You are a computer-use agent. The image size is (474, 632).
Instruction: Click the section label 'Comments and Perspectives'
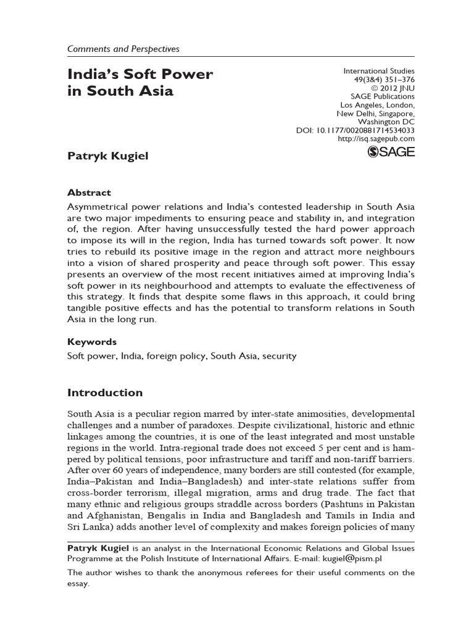tap(123, 48)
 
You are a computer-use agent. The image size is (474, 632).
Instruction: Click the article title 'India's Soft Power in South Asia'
tap(140, 83)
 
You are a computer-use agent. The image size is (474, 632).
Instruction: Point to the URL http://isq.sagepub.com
tap(376, 139)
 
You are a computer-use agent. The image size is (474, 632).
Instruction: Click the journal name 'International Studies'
tap(379, 71)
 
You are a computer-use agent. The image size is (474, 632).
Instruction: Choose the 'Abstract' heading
tap(89, 193)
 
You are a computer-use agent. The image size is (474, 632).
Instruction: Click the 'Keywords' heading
tap(91, 341)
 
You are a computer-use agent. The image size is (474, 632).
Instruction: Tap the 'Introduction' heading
tap(104, 393)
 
